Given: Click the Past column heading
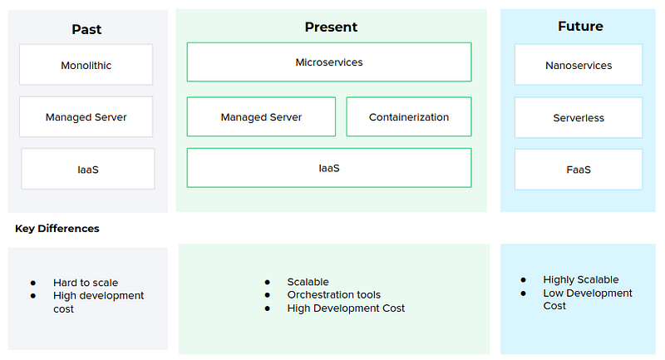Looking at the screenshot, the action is click(86, 29).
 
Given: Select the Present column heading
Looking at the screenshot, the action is click(331, 27).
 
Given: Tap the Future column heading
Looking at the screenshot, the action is click(580, 27).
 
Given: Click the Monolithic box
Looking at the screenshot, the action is click(86, 65).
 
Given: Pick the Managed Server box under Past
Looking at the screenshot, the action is click(86, 116).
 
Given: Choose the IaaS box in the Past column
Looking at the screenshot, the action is click(88, 169).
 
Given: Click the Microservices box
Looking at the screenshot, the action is click(329, 62).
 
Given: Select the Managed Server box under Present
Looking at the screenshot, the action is click(261, 116).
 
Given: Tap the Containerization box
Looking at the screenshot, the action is click(409, 116).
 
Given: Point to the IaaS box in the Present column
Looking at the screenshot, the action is click(329, 167).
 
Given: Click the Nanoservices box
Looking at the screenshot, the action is click(579, 65).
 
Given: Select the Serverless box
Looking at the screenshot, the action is click(579, 117).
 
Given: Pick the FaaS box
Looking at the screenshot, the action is click(579, 169).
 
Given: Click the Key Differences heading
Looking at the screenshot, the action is click(57, 229).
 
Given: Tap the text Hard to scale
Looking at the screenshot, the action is click(86, 283).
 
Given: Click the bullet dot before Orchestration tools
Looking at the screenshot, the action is click(267, 295).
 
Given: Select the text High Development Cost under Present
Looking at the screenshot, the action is click(346, 308).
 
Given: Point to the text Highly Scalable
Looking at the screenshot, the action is click(581, 280).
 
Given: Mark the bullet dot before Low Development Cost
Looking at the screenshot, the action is click(524, 293).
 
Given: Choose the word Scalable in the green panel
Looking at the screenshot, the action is click(308, 282).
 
